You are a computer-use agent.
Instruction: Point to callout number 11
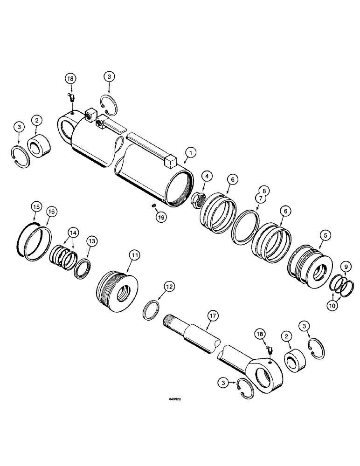click(x=134, y=255)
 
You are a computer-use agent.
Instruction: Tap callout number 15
click(x=35, y=206)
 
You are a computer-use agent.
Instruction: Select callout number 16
click(x=51, y=211)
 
